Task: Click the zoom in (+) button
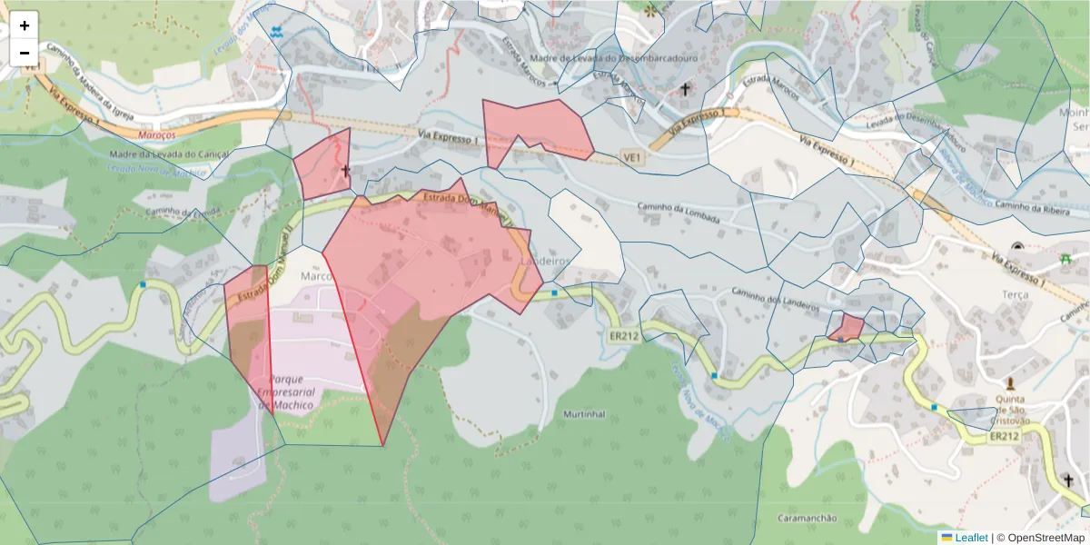point(25,25)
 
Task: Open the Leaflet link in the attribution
point(971,538)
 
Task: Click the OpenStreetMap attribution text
point(1040,538)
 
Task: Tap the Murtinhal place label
point(584,414)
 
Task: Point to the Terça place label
point(1015,294)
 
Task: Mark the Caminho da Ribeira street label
point(1028,207)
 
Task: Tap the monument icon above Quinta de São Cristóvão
point(1010,383)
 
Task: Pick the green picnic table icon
point(1065,259)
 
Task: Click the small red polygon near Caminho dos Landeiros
point(847,328)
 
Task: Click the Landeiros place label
point(544,261)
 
